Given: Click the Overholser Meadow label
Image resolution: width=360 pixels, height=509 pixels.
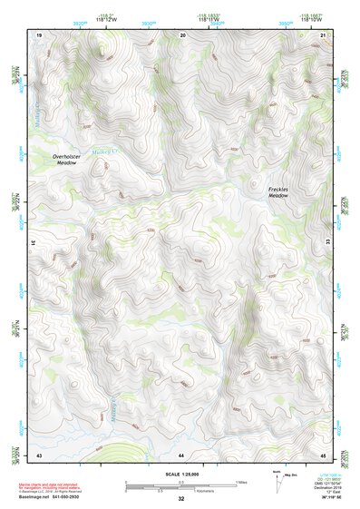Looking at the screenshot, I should (x=70, y=160).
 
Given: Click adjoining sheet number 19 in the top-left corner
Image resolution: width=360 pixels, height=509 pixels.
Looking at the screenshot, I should (x=39, y=34).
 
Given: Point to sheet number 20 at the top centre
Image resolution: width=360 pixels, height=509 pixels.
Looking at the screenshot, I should (x=183, y=34).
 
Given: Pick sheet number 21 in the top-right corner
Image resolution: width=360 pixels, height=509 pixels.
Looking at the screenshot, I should (x=325, y=34).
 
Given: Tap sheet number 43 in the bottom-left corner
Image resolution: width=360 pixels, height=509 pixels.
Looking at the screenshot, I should (x=39, y=454).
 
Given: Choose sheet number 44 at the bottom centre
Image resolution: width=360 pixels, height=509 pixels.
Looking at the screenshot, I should (x=181, y=454).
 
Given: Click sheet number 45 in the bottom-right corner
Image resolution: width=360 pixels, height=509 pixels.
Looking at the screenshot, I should (x=325, y=454).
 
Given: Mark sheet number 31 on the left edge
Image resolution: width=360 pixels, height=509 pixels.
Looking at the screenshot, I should (x=34, y=244).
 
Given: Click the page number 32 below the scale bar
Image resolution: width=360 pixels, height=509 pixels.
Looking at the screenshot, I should (x=181, y=499).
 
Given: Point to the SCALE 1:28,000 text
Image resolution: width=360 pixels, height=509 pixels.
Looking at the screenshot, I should (x=181, y=475).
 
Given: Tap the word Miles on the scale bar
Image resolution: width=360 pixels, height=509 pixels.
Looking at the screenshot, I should (x=240, y=481).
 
